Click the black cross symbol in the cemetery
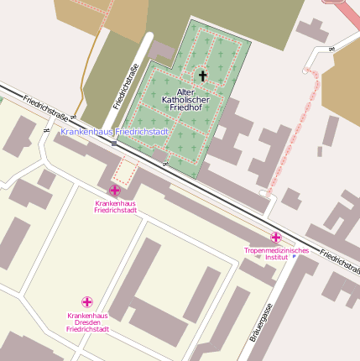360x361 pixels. [201, 76]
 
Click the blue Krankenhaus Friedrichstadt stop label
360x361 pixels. [116, 132]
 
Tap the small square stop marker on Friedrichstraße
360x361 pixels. [114, 143]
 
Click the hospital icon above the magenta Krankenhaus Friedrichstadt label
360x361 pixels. [115, 191]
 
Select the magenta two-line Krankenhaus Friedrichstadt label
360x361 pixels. [116, 207]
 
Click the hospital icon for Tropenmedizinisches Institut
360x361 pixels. [276, 238]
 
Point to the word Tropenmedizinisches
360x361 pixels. [276, 250]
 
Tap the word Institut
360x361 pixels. [277, 258]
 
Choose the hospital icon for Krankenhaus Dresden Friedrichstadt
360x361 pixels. [87, 301]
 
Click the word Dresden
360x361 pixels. [87, 322]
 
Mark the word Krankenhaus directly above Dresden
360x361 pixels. [87, 316]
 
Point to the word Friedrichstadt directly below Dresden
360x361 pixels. [87, 330]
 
